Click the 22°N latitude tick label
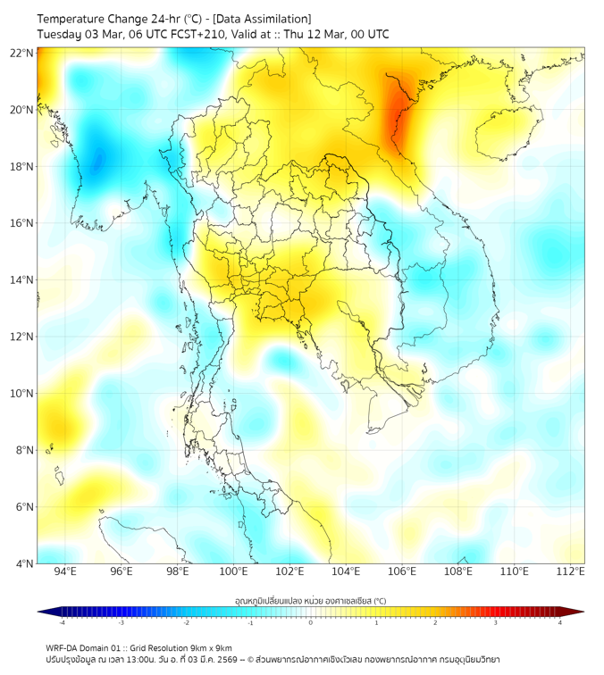(21, 53)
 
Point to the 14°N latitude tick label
(21, 280)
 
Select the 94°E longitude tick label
(65, 572)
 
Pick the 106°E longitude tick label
(402, 572)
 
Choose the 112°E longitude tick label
(570, 572)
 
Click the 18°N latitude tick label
(21, 167)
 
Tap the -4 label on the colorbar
(62, 622)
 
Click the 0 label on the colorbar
(311, 622)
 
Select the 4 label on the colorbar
(560, 622)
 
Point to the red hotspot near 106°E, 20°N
(398, 112)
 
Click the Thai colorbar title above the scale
(310, 601)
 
